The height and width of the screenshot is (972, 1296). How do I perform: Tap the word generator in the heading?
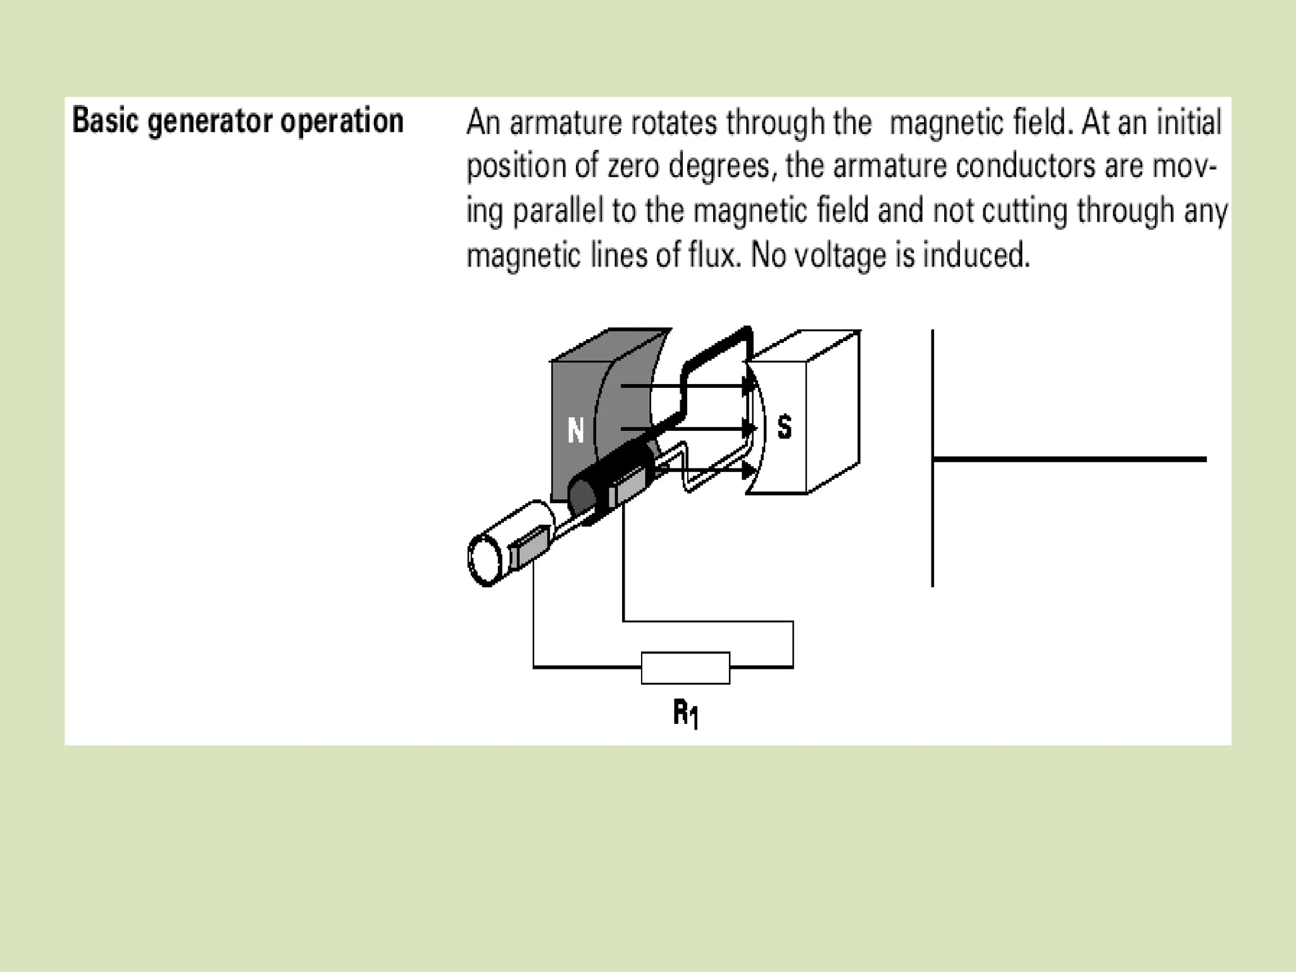pos(211,121)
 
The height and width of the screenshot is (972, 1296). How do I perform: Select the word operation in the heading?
pos(342,121)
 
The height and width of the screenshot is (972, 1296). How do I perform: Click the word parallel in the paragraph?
pos(558,211)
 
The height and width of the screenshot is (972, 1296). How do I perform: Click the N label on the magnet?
pos(575,431)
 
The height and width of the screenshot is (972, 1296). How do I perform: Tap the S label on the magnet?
pos(785,427)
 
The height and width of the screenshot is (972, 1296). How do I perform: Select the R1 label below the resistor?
pos(685,714)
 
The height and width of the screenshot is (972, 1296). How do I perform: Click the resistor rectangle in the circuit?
pos(685,668)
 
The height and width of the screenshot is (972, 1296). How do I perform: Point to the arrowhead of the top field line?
pos(749,385)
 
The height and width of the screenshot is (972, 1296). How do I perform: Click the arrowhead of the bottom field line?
pos(748,470)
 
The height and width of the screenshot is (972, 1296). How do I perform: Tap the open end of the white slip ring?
pos(485,560)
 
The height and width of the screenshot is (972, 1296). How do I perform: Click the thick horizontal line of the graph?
pos(1069,459)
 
